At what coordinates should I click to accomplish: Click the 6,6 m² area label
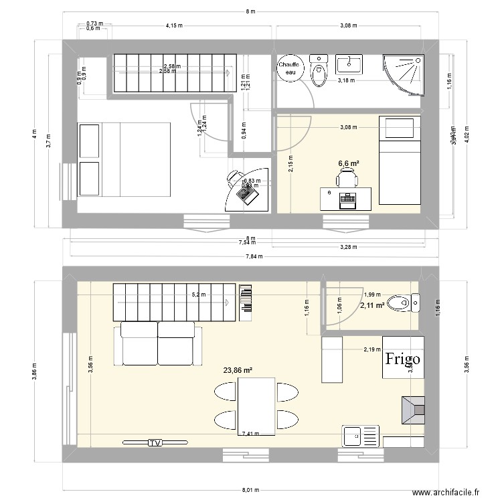pyautogui.click(x=349, y=162)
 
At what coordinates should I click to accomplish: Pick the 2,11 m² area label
pyautogui.click(x=371, y=306)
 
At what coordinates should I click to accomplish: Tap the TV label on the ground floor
pyautogui.click(x=155, y=443)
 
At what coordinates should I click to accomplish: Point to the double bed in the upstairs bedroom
pyautogui.click(x=124, y=160)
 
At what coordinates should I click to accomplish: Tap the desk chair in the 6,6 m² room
pyautogui.click(x=347, y=178)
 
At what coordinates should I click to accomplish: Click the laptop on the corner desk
pyautogui.click(x=246, y=195)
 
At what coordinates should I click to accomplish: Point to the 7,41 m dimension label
pyautogui.click(x=251, y=434)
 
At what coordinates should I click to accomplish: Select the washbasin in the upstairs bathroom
pyautogui.click(x=349, y=64)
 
